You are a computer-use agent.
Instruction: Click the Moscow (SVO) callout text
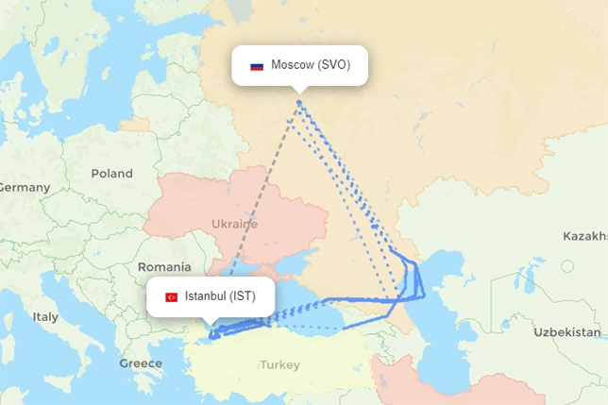click(x=310, y=65)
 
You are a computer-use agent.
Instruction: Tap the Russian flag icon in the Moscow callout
click(x=256, y=66)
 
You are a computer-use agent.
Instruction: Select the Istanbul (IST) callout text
click(x=219, y=296)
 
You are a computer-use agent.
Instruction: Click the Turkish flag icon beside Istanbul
click(x=172, y=297)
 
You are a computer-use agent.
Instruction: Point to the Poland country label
click(x=112, y=174)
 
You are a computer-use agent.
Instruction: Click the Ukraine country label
click(x=234, y=225)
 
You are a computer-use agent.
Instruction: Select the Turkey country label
click(x=280, y=365)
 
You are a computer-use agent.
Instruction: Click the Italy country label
click(x=45, y=317)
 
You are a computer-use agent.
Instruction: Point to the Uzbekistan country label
click(x=566, y=333)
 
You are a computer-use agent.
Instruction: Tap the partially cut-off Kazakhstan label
click(x=585, y=235)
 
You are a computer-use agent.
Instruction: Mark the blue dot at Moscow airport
click(x=299, y=102)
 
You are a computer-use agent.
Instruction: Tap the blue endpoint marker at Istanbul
click(x=212, y=332)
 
